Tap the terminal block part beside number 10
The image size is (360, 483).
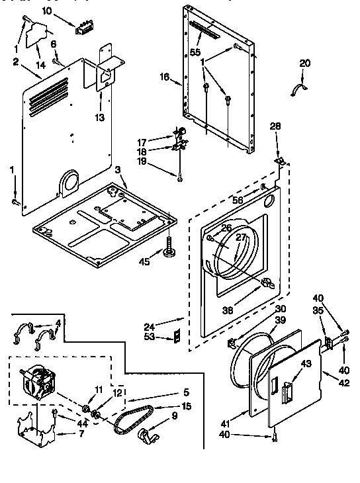(83, 28)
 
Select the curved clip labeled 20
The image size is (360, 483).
(300, 89)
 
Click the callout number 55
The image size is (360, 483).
(195, 51)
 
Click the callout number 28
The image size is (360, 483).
(275, 126)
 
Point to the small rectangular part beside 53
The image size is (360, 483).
(176, 337)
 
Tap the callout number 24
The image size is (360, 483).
(150, 326)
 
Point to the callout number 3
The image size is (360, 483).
(116, 170)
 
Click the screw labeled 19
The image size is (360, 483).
(179, 175)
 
